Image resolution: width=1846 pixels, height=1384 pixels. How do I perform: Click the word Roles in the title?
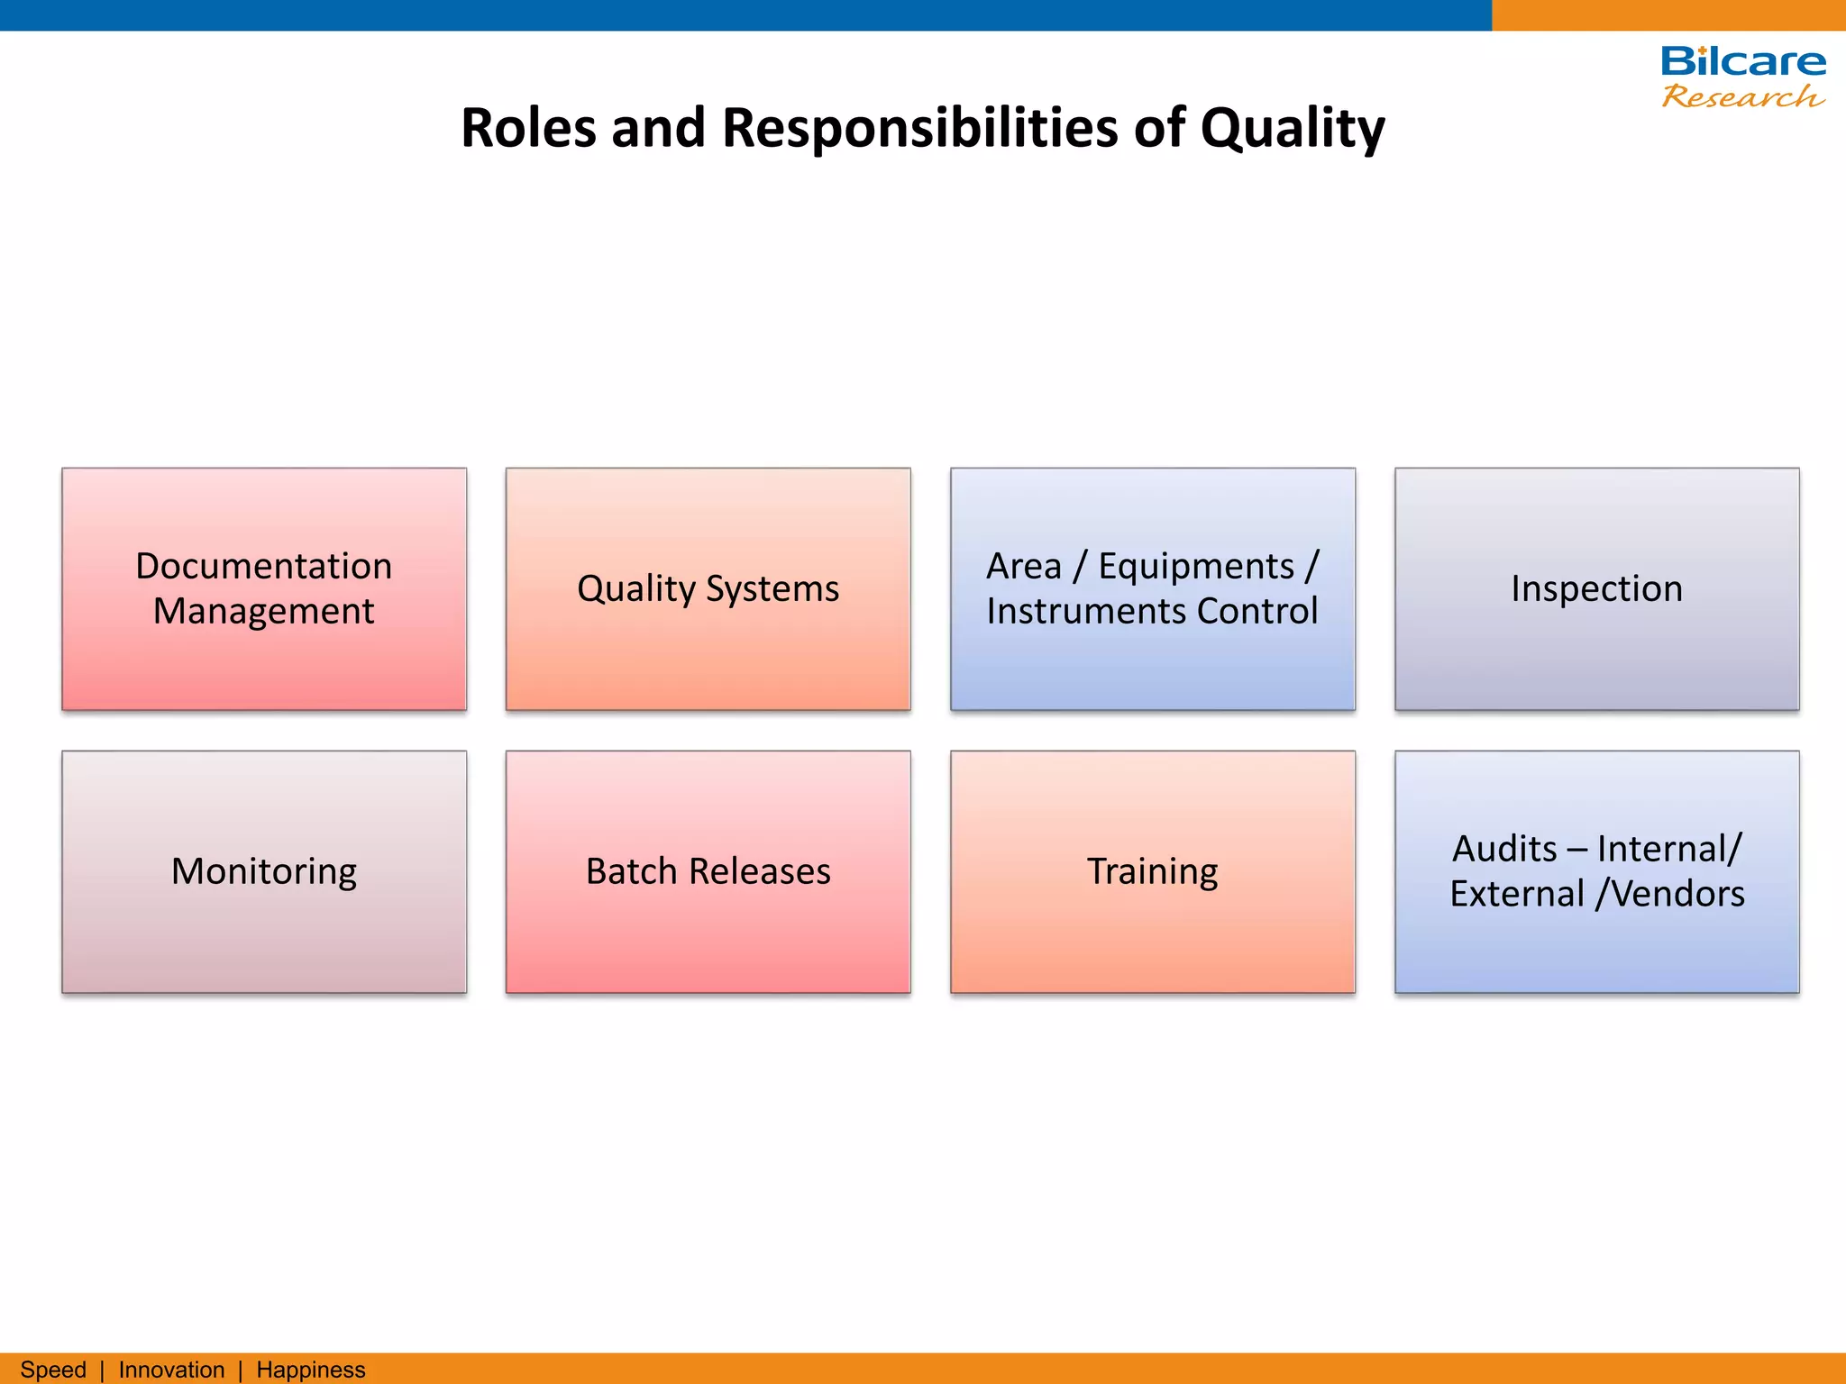pos(528,128)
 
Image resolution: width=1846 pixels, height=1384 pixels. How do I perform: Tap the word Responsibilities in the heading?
pos(919,128)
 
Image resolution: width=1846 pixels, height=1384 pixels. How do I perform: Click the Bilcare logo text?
pos(1743,62)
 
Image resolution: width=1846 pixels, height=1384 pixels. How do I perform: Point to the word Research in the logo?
pos(1741,96)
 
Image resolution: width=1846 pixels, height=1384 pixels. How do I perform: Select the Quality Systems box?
pos(708,588)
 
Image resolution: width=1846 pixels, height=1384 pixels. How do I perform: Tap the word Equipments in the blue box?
pos(1195,566)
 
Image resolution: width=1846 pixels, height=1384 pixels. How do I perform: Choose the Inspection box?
pos(1596,588)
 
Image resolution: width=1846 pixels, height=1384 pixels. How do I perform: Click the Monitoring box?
pos(264,871)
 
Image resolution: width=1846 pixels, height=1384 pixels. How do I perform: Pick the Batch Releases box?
pos(708,871)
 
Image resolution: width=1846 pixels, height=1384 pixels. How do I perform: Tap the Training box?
pos(1152,871)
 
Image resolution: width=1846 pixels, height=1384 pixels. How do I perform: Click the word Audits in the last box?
pos(1504,849)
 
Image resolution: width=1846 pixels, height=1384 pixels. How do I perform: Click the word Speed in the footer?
pos(53,1370)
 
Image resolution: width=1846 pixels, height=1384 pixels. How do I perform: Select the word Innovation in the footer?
pos(171,1370)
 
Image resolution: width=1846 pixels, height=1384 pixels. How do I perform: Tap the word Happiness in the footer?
pos(311,1370)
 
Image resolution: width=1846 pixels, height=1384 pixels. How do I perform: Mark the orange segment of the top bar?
pos(1668,14)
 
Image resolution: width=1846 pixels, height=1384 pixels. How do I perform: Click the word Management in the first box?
pos(263,611)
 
